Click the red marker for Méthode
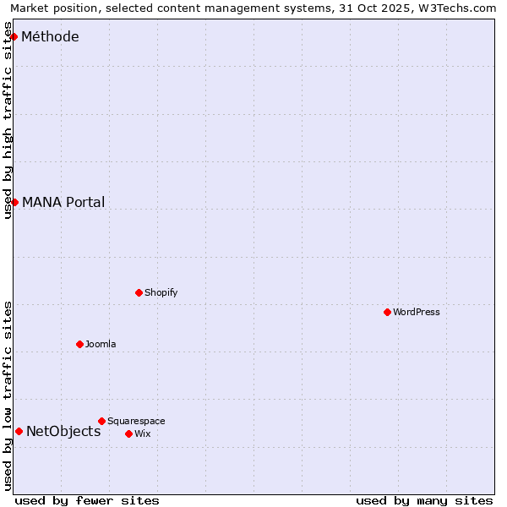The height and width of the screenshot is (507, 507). coord(14,36)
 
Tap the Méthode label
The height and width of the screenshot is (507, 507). coord(50,36)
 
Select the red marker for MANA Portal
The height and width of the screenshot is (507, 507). coord(14,202)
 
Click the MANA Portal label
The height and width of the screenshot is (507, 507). coord(63,202)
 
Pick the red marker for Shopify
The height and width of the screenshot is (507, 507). coord(139,292)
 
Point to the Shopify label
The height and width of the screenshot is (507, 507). coord(161,292)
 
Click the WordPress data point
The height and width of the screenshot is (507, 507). coord(387,312)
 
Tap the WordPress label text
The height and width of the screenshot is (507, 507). coord(416,312)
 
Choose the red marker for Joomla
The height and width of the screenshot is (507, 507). coord(79,344)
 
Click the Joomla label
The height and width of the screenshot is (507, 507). coord(101,344)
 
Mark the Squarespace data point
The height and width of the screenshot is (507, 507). coord(101,421)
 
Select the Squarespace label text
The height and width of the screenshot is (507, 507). coord(136,421)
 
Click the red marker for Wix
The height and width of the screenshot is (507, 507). coord(128,433)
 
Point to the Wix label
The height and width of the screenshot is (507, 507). coord(143,433)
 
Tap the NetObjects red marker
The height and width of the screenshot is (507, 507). coord(19,431)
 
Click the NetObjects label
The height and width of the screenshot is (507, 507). coord(63,431)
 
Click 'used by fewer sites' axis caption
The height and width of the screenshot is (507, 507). coord(87,500)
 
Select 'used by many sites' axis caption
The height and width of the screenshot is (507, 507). coord(424,500)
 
